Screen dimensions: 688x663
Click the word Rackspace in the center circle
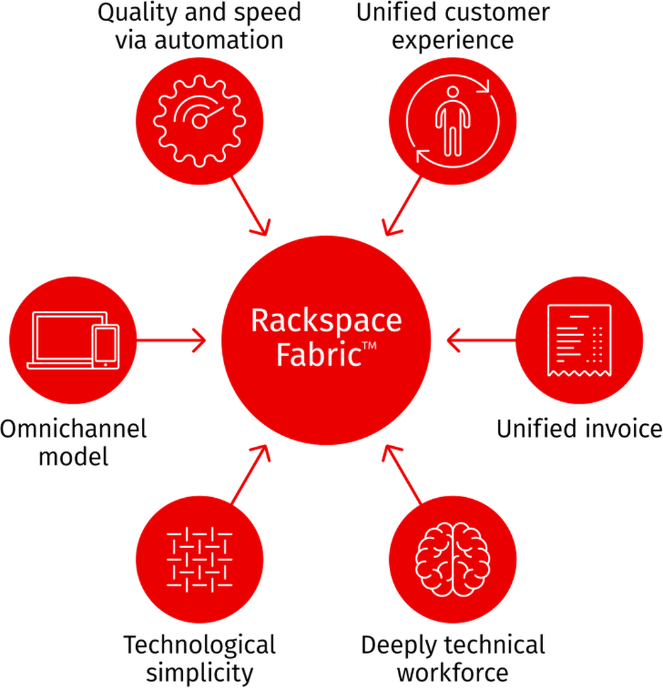(x=326, y=321)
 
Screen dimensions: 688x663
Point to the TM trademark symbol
(x=369, y=345)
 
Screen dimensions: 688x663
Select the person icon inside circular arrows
(x=453, y=121)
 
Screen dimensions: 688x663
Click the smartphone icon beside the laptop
(x=106, y=345)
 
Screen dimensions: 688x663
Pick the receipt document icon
(x=579, y=340)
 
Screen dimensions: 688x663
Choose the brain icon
(x=453, y=559)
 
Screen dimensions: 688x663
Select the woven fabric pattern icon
(x=199, y=559)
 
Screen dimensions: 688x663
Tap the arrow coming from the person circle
(x=402, y=206)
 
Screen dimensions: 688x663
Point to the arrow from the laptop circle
(x=172, y=341)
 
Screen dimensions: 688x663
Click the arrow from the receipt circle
(x=480, y=341)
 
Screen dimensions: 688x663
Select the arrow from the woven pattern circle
(x=251, y=473)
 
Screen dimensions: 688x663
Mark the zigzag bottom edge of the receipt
(x=579, y=374)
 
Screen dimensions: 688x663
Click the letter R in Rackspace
(x=259, y=321)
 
